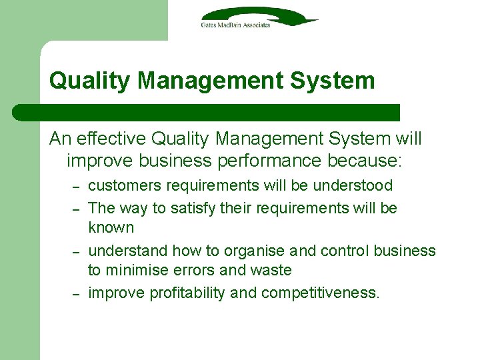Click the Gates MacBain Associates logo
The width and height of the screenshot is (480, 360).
259,17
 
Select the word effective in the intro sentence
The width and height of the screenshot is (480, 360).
112,139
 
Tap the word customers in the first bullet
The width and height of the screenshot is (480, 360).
119,185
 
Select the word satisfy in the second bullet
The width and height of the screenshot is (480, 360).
194,208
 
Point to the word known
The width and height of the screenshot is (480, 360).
111,227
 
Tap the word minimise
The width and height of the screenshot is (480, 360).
139,270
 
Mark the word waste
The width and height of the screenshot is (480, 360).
273,270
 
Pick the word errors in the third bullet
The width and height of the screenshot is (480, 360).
199,270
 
